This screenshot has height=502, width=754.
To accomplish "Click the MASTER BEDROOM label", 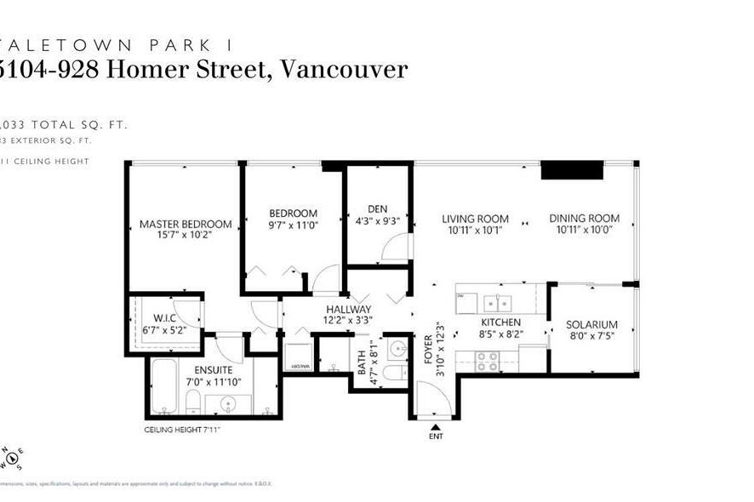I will pos(185,224).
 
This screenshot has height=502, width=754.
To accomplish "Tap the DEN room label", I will pos(378,208).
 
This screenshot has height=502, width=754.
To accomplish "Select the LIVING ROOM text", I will pos(475,219).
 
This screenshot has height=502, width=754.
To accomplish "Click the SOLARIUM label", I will pos(591,325).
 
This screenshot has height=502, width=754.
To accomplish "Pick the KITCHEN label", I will pos(500,323).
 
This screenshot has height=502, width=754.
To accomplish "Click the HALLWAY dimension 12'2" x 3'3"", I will pos(347,321).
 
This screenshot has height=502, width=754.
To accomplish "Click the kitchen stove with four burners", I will pos(487,361).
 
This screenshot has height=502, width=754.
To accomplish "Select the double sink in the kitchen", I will pos(496,302).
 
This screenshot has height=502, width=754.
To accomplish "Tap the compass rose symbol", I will pos(12,458).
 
